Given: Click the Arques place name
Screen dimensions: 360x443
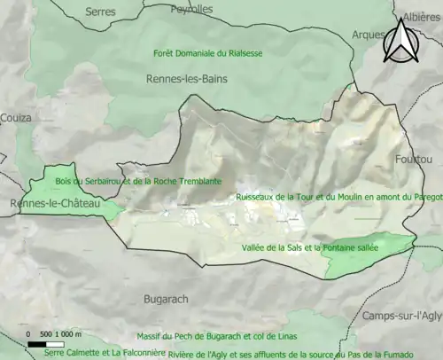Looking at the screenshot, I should tap(367, 35).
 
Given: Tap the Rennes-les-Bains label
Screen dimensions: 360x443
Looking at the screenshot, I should tap(186, 79).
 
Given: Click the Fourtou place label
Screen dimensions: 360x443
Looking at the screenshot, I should tap(411, 159).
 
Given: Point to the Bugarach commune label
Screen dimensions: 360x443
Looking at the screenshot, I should tap(166, 300).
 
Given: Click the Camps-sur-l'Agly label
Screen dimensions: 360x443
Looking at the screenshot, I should tap(400, 317).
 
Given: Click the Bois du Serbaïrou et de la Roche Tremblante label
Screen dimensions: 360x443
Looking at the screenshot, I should tap(138, 180).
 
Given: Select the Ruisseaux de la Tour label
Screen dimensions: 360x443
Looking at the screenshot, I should tap(338, 197).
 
